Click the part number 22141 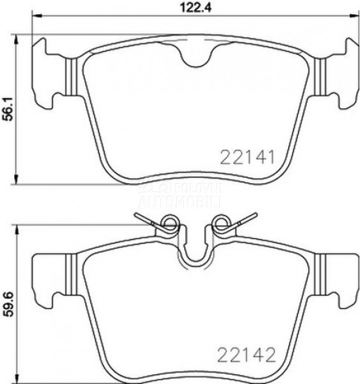(x=247, y=157)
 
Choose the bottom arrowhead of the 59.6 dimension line (x=17, y=379)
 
